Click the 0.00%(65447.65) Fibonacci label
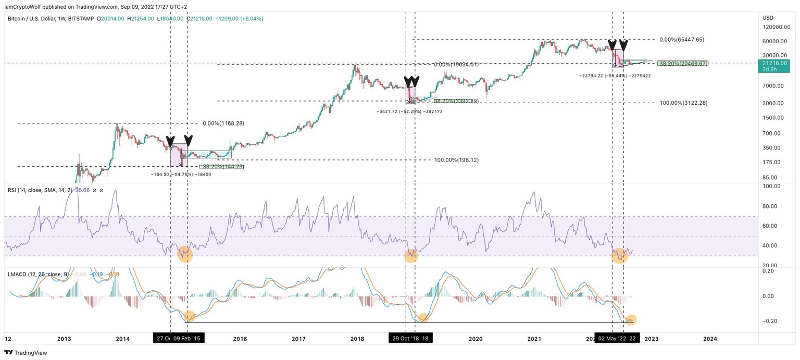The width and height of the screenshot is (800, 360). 682,40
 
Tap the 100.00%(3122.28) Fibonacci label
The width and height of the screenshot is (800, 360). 683,103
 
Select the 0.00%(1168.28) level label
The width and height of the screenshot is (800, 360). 223,123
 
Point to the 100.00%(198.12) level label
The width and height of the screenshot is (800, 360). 456,160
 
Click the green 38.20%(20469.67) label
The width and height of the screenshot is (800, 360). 683,64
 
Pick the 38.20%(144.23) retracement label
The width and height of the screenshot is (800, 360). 221,167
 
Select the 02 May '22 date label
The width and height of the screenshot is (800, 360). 611,339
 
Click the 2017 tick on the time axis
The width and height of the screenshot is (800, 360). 298,339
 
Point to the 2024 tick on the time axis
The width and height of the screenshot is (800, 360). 710,339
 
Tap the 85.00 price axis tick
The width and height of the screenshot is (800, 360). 770,177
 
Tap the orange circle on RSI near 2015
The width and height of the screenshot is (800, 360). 185,255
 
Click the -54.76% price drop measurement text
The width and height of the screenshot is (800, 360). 181,175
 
